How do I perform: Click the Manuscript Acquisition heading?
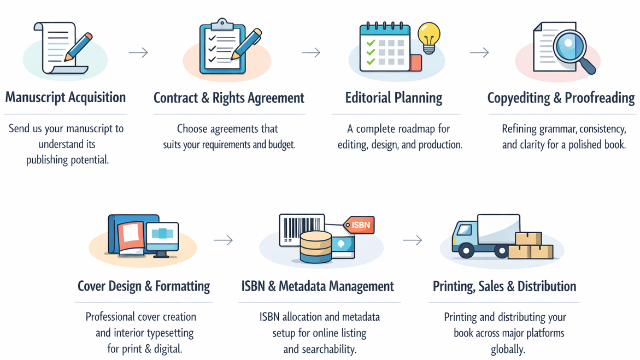(x=66, y=98)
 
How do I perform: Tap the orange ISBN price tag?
(x=360, y=225)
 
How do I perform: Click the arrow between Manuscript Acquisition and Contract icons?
(x=138, y=52)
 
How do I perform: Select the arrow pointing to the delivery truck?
(x=412, y=240)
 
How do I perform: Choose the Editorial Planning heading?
(x=394, y=98)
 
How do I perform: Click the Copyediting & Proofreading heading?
(x=561, y=98)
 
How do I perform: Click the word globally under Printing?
(x=508, y=349)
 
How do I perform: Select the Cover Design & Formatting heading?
(x=144, y=286)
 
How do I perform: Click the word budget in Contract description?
(x=281, y=145)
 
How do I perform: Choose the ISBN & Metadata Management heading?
(x=318, y=286)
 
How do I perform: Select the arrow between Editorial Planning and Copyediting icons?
(x=479, y=52)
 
